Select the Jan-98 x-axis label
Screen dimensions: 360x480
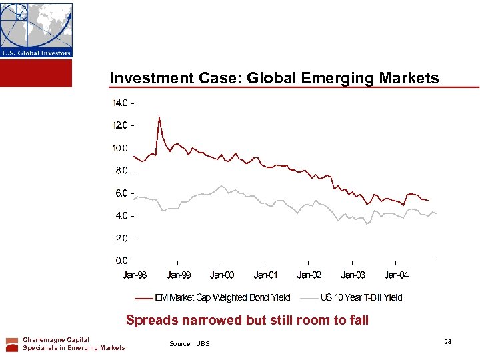(135, 275)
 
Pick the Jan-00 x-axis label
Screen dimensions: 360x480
(222, 275)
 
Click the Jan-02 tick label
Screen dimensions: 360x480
(309, 275)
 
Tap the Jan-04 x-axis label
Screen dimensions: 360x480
(397, 275)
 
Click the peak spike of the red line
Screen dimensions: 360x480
(159, 117)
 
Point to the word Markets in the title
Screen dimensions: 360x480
(409, 79)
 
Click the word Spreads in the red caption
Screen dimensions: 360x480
(152, 320)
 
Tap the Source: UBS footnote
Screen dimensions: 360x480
(189, 344)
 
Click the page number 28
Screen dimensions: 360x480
(447, 341)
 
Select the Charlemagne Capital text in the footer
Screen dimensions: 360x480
(56, 340)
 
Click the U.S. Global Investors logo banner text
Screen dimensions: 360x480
(36, 53)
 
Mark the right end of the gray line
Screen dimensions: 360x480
(436, 213)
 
